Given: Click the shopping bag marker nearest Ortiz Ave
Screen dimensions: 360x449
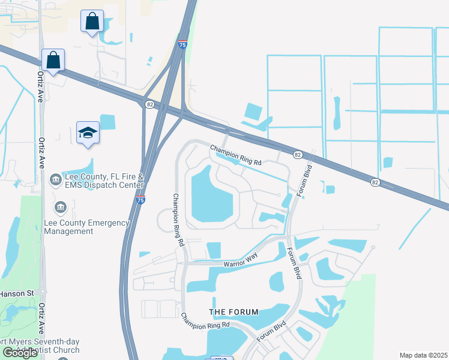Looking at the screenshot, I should point(53,61).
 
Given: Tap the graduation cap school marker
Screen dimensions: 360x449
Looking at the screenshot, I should point(88,133).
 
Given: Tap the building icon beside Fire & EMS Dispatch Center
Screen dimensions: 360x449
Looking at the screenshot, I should point(55,179).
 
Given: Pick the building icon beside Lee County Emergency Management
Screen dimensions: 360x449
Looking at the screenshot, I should point(60,208).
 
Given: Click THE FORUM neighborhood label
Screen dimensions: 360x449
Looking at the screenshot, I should point(234,312).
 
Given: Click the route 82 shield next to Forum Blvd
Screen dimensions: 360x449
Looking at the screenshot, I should point(297,155).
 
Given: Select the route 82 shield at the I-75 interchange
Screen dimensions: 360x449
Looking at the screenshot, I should point(149,104).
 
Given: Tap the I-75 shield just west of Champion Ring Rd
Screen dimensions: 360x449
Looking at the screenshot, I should point(140,199).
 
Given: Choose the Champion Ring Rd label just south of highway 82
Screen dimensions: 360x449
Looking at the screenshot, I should point(236,155).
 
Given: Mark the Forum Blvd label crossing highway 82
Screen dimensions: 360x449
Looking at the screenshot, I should point(305,170).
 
